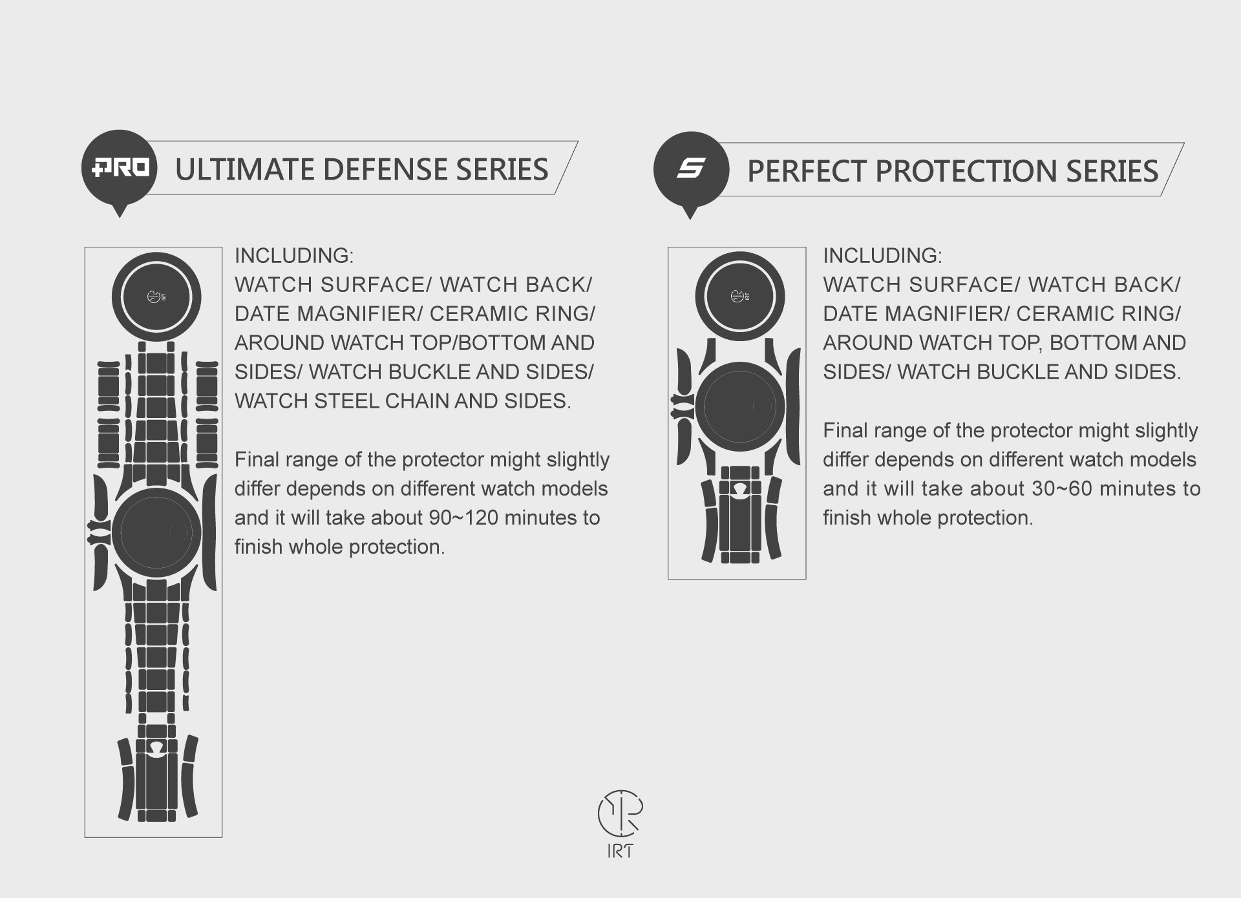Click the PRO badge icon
[119, 169]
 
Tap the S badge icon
[691, 171]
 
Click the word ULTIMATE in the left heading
[244, 169]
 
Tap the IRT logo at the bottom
[620, 824]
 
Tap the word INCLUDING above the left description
[294, 256]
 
